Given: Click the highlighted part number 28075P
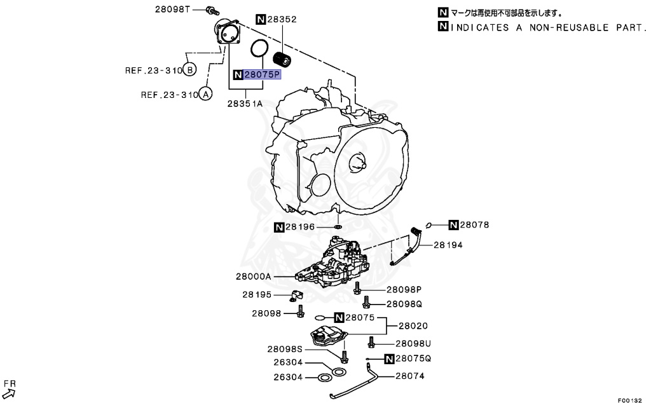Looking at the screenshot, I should [261, 75].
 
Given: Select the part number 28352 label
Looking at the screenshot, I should [282, 20].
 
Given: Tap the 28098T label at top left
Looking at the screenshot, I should [173, 10].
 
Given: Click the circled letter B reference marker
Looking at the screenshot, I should [190, 69].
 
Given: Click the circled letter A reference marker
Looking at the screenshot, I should [205, 95].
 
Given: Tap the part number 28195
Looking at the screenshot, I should [257, 295].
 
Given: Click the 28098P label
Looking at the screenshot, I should [404, 289].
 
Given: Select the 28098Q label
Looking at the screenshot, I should [404, 304].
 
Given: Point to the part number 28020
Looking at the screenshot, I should [413, 325].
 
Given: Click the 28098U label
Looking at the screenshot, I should [413, 343].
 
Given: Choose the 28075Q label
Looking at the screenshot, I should [413, 359].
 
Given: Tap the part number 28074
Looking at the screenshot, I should [410, 376].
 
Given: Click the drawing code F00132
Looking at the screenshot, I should [630, 399].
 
